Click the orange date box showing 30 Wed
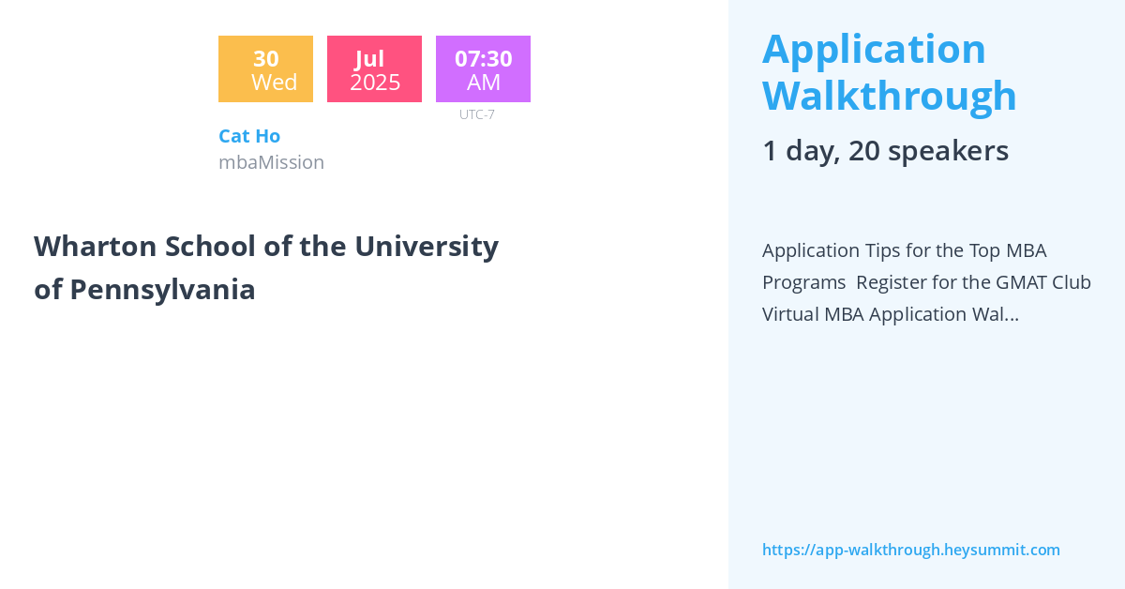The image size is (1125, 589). [265, 69]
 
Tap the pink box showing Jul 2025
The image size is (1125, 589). [374, 69]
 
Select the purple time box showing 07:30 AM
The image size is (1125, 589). [483, 69]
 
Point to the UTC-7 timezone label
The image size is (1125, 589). [476, 114]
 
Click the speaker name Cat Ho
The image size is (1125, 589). [249, 136]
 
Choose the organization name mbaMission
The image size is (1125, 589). [271, 162]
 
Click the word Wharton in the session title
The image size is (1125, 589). [94, 247]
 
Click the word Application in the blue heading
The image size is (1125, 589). [874, 49]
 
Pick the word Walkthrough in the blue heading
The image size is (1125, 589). [889, 96]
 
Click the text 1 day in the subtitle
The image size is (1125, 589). [797, 151]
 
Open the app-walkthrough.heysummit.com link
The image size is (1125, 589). [910, 550]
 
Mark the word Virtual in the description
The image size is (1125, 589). [790, 314]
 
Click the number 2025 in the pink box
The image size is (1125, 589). [375, 83]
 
